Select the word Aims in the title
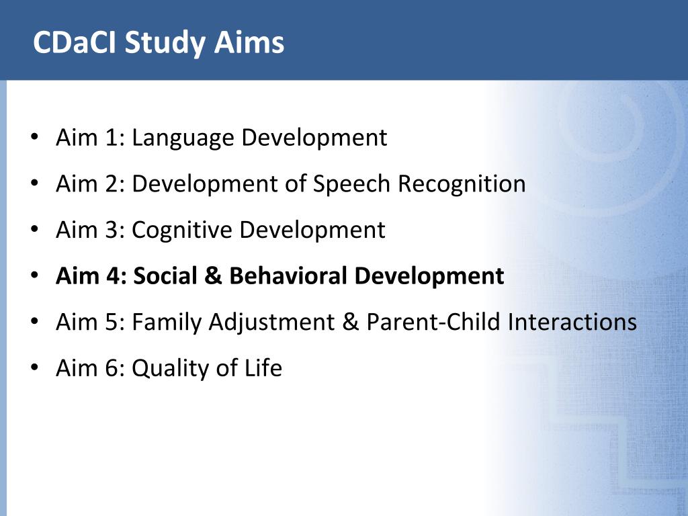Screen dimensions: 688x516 249,42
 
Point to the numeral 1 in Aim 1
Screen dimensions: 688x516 111,137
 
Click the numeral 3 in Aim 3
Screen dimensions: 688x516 111,230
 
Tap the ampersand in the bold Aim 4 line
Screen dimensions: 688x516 213,276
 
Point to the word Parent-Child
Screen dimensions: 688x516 433,322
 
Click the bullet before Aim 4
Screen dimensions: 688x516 35,275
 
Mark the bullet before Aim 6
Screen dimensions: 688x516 35,368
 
